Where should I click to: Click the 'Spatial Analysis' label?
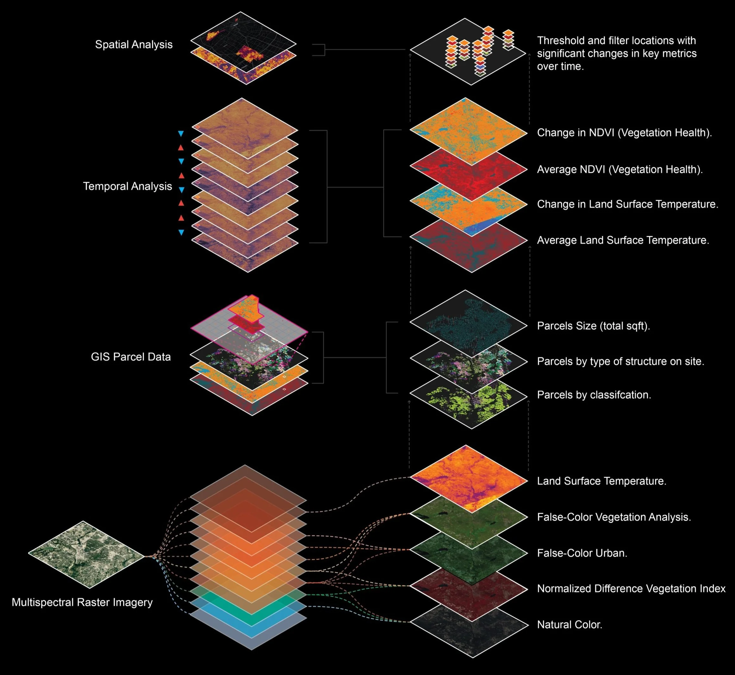[x=134, y=45]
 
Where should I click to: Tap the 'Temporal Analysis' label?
[x=127, y=186]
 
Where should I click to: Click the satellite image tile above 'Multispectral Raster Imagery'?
[x=86, y=554]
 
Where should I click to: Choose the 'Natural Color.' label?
[x=570, y=625]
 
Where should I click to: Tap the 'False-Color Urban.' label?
[x=582, y=553]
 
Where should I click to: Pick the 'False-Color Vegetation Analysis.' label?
[x=614, y=517]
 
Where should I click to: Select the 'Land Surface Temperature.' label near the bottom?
[x=601, y=481]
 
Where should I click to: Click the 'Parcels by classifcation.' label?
[x=594, y=395]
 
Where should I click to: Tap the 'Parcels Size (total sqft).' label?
[x=593, y=326]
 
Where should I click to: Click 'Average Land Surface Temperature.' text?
[x=623, y=240]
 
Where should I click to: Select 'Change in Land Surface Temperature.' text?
[x=627, y=204]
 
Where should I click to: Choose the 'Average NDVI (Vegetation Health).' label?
[x=620, y=169]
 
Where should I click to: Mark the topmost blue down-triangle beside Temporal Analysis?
[x=181, y=134]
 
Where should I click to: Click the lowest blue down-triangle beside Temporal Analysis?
[x=181, y=232]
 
